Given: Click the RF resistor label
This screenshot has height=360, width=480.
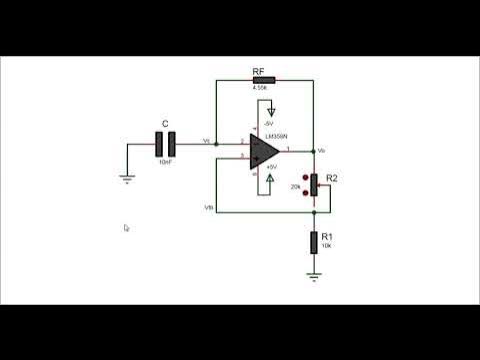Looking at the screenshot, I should click(258, 70).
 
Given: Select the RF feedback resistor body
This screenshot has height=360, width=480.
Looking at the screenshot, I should click(263, 79).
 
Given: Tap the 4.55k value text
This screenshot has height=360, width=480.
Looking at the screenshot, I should click(262, 88).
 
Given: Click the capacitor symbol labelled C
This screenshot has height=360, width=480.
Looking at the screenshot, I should click(165, 144).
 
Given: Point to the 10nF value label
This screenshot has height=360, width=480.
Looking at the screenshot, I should click(165, 160).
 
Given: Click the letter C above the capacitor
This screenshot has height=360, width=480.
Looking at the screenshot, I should click(165, 126).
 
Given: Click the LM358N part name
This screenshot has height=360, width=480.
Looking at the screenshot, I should click(277, 135).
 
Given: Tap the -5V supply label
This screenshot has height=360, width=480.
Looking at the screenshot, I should click(268, 122).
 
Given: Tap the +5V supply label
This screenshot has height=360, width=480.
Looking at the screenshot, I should click(269, 194).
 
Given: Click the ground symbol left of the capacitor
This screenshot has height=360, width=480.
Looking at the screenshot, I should click(127, 179).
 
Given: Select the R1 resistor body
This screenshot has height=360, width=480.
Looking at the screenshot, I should click(314, 241).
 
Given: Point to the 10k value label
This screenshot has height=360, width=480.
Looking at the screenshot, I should click(326, 245).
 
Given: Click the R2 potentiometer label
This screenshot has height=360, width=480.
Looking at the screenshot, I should click(332, 178).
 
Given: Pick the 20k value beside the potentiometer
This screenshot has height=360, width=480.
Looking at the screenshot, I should click(296, 187).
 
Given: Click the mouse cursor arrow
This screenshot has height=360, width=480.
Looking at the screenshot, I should click(127, 228).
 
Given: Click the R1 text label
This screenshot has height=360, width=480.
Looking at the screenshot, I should click(327, 236).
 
